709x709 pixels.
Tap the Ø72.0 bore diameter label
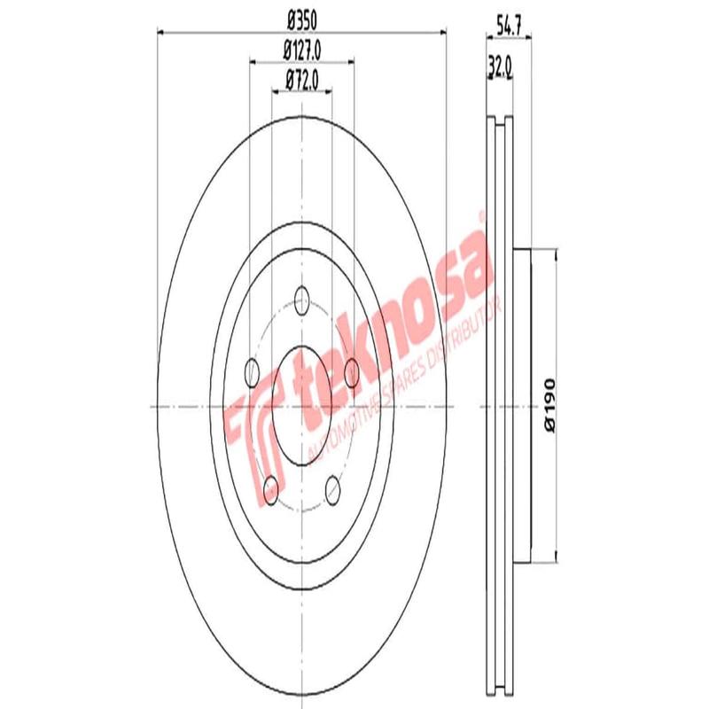302,82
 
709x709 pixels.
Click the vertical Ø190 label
550,405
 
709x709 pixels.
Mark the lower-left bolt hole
271,487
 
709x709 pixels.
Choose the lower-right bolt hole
333,487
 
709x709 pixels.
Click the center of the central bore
302,406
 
